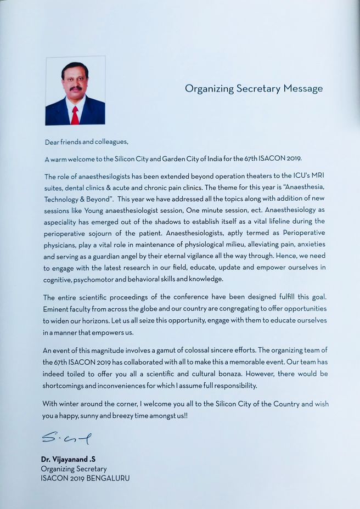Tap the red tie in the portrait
[75, 115]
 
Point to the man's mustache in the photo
[76, 88]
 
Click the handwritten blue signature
[66, 438]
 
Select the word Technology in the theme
[61, 199]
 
